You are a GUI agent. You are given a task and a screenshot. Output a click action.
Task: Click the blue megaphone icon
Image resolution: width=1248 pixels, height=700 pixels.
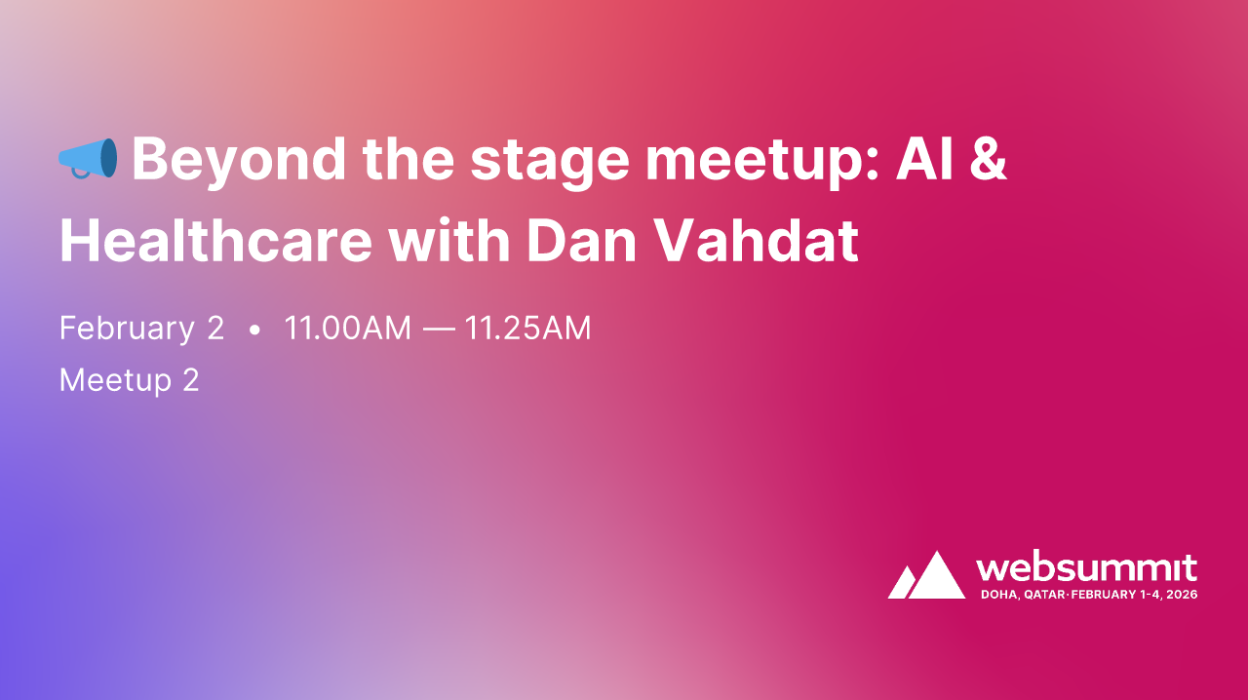88,158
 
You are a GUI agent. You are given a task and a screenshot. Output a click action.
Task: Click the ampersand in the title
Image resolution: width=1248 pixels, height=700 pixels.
989,158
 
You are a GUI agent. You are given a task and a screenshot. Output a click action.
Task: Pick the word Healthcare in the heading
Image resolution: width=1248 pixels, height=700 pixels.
215,242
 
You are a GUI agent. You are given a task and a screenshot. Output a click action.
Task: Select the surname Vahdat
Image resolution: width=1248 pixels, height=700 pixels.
756,242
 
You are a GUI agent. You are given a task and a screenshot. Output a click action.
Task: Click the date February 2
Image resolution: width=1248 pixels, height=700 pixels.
141,329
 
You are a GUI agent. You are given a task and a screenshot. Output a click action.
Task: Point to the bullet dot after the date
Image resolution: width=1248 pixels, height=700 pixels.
254,331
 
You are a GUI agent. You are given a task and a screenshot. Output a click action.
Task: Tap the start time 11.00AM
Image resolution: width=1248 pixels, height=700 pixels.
347,329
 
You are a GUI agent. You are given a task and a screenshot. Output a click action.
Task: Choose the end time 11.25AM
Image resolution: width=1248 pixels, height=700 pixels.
527,329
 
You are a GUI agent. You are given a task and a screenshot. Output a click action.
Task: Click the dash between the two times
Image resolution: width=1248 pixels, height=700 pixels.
438,330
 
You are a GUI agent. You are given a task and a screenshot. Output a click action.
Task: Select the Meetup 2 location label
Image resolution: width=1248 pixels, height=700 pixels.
129,379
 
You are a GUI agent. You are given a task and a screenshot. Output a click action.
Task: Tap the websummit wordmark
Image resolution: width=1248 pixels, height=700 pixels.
1086,567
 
